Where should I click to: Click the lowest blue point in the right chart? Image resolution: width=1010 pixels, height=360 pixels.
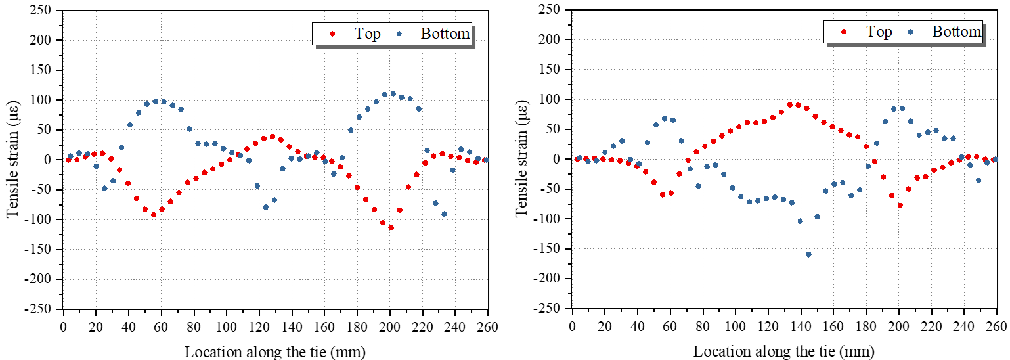[x=808, y=254]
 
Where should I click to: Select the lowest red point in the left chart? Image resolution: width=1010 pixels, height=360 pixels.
[x=391, y=227]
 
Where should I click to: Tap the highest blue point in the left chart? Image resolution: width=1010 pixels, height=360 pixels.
[x=393, y=93]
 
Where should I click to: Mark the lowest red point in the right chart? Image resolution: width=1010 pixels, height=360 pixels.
[x=900, y=206]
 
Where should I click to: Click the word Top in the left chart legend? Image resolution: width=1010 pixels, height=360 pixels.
[x=368, y=34]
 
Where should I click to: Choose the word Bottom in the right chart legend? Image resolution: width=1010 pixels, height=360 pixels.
[x=957, y=31]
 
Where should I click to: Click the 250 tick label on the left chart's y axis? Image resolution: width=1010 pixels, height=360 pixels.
[x=43, y=10]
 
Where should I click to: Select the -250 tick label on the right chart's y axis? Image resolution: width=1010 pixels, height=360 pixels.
[x=550, y=308]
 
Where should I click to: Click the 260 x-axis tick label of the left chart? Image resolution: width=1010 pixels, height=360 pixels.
[x=487, y=328]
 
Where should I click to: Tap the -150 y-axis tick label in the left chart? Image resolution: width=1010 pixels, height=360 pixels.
[x=41, y=249]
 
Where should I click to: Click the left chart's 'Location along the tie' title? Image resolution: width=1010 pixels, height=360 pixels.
[x=274, y=351]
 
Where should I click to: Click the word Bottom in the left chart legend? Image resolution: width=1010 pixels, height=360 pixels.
[x=445, y=34]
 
